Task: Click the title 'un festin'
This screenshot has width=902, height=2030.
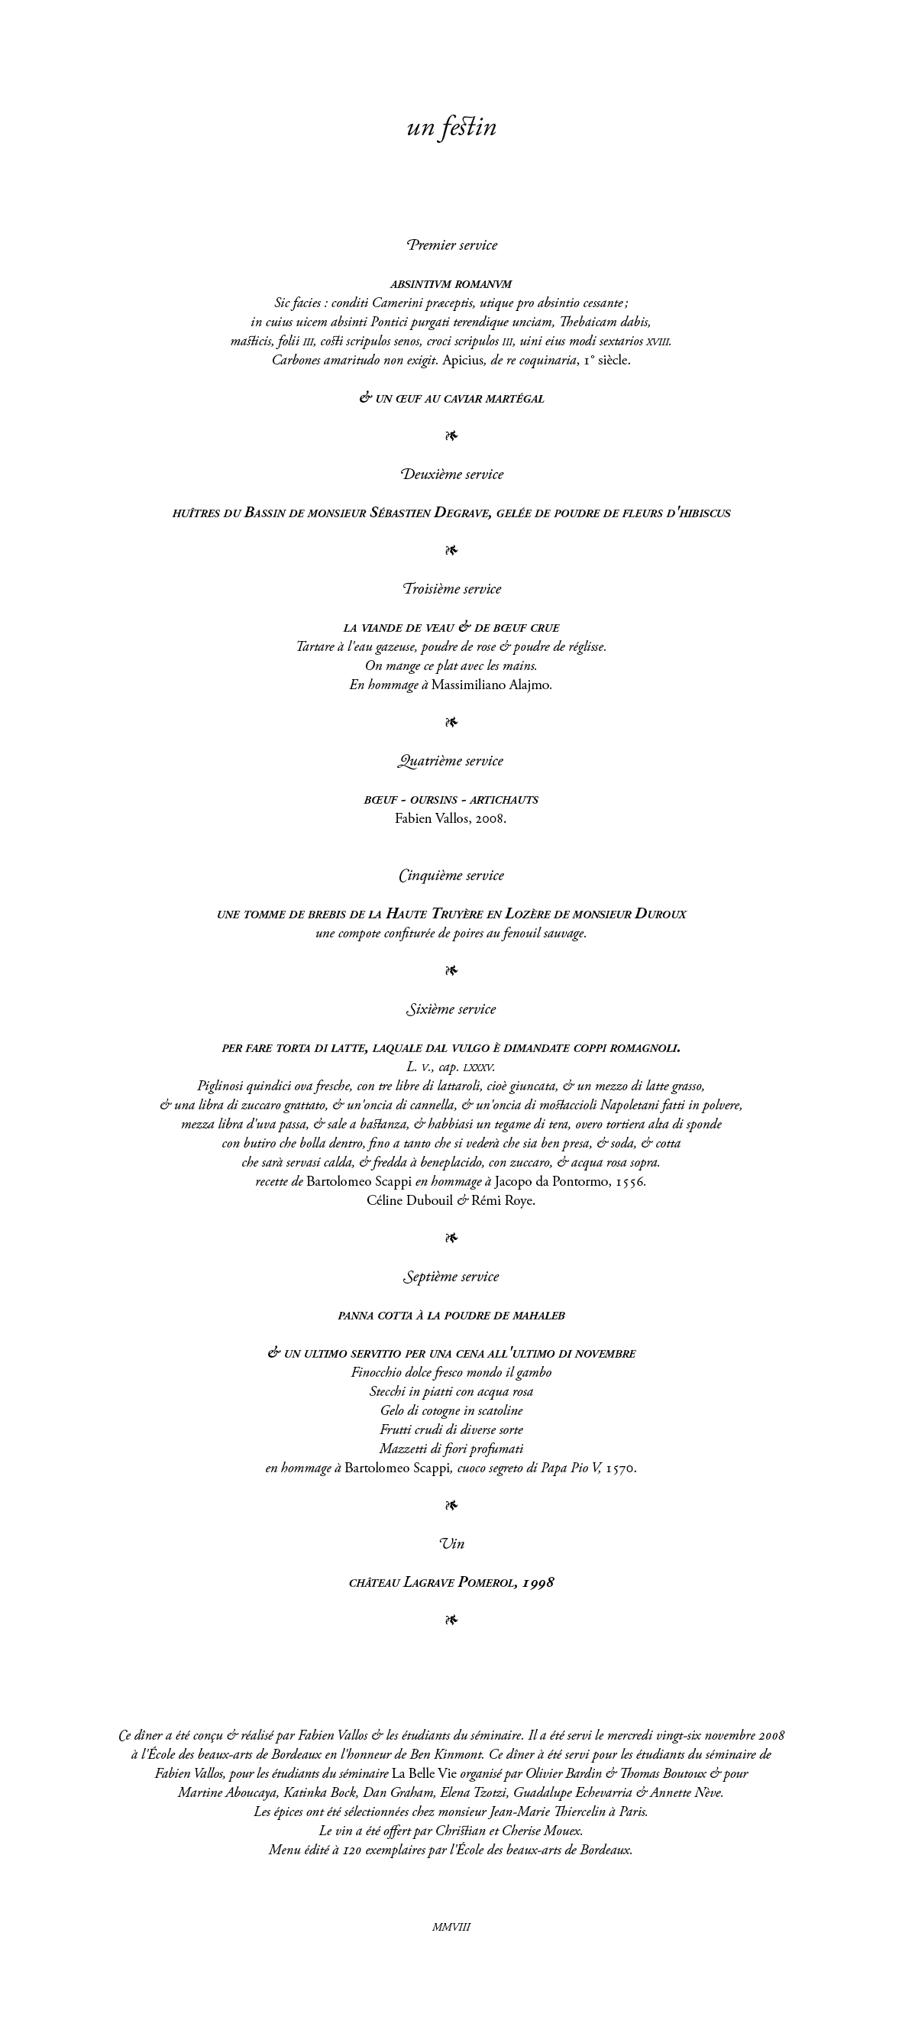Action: pos(451,127)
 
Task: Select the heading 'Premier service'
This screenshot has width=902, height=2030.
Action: pos(451,245)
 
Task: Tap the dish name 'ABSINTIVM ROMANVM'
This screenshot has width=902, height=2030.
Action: pos(451,283)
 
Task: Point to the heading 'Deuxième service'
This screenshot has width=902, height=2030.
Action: pos(451,474)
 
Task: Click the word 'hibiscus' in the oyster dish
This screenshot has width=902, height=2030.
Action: pos(703,513)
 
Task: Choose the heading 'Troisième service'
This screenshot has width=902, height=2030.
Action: pos(451,588)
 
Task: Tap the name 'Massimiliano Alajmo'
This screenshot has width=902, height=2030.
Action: pos(490,685)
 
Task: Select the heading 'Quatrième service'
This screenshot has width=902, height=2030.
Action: pos(451,761)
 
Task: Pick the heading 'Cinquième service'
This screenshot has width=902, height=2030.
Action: pos(451,876)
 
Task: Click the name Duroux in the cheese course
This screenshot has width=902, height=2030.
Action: pos(660,914)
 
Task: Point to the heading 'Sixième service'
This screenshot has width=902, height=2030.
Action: pos(451,1009)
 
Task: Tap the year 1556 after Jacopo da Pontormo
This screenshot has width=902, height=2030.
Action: pos(630,1182)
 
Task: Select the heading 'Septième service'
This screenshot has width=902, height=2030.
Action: pos(451,1277)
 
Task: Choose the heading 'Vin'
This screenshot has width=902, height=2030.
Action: pos(451,1544)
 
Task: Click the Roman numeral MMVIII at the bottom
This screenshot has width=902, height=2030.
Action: pos(451,1927)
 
